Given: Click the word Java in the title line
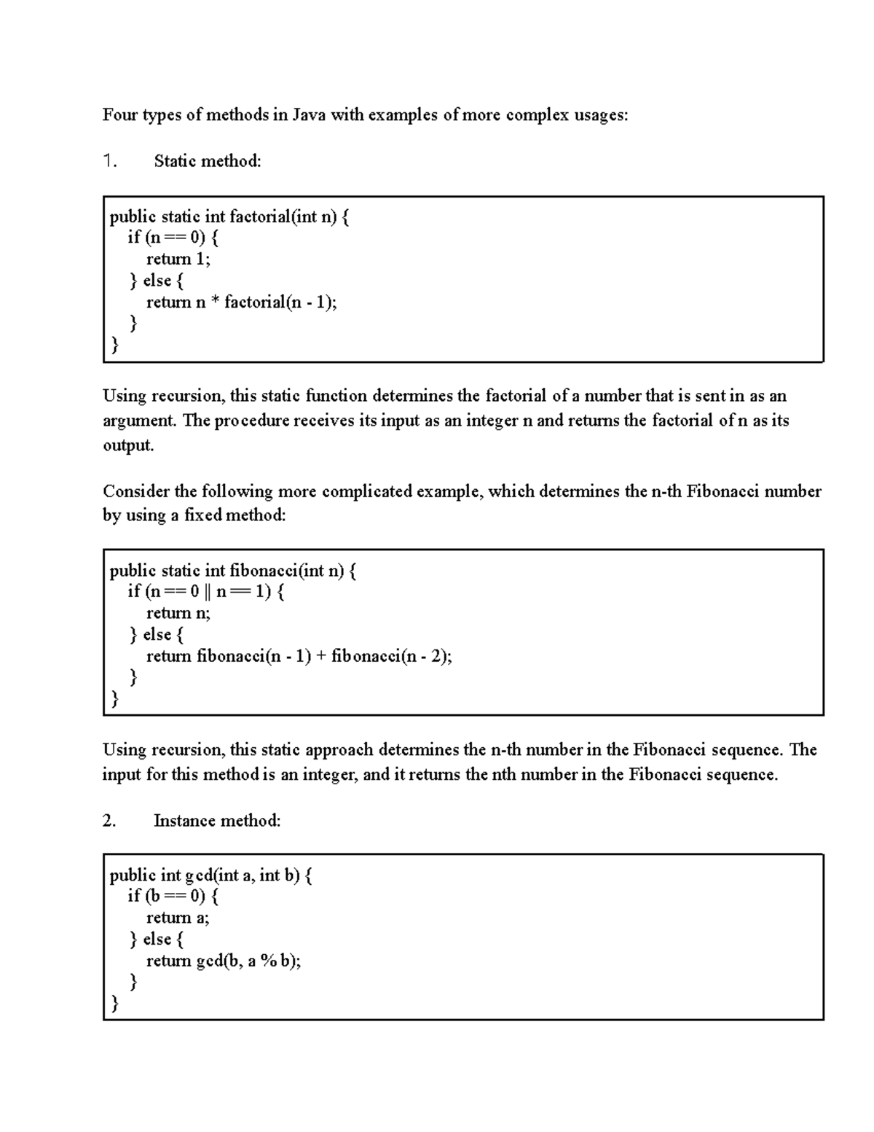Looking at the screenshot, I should click(x=310, y=115).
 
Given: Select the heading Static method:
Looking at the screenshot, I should click(x=207, y=161).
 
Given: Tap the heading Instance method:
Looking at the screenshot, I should click(x=216, y=821).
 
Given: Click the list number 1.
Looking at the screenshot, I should click(x=109, y=161).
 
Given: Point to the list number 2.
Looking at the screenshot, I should click(x=109, y=821).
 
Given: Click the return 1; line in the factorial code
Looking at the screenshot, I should click(x=178, y=259).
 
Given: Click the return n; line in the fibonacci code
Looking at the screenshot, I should click(x=178, y=613).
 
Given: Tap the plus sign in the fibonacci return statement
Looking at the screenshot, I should click(x=321, y=656).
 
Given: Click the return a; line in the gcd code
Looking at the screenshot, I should click(x=177, y=918).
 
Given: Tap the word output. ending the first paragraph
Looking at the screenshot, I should click(x=128, y=445).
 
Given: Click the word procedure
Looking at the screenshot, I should click(x=251, y=421).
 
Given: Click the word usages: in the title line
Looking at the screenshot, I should click(x=597, y=115).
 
